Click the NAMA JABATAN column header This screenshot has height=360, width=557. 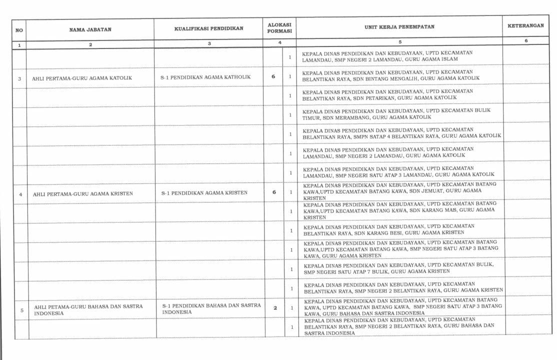90,29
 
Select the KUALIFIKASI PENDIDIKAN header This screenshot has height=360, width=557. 208,28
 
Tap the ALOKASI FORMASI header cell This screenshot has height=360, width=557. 279,27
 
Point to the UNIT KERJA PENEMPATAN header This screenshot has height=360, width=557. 399,27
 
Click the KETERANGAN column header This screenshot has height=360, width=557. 525,25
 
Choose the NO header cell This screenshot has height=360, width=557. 19,30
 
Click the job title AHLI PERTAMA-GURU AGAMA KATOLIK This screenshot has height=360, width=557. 82,78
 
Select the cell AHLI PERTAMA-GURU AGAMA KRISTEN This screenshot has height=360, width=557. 83,193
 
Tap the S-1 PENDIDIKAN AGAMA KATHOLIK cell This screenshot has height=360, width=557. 205,77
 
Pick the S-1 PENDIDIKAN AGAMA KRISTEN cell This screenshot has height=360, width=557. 204,192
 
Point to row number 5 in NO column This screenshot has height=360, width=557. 22,310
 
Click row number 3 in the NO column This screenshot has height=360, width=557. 19,78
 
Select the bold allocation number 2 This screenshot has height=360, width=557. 275,307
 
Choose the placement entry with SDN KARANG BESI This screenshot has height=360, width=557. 389,229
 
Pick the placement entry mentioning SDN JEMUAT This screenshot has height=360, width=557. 399,191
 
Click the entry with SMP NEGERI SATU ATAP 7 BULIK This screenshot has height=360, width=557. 398,267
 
